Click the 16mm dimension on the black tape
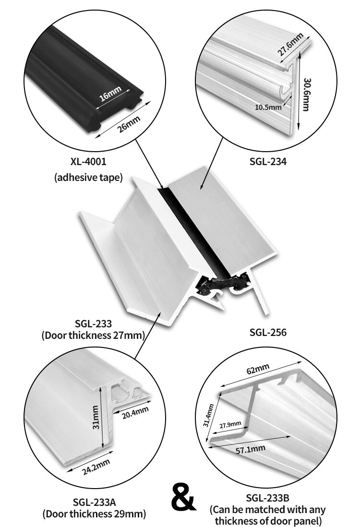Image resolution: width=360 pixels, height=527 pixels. [x=110, y=94]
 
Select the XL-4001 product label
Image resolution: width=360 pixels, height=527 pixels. [x=88, y=162]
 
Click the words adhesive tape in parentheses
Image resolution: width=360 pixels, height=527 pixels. [x=88, y=177]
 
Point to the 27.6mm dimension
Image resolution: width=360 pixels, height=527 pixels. [x=290, y=44]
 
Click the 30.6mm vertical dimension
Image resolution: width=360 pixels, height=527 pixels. [x=307, y=95]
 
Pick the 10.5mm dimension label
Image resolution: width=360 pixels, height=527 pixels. [x=268, y=107]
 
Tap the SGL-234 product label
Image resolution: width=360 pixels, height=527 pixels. [x=268, y=162]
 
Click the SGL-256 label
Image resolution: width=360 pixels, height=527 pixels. [x=268, y=333]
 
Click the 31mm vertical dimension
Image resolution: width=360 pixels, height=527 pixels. [x=96, y=417]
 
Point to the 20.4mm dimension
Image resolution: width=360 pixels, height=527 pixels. [x=135, y=412]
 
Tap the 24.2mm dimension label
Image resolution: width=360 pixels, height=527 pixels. [x=96, y=467]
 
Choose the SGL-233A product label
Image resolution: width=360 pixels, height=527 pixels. [x=95, y=502]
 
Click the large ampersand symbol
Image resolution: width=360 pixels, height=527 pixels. [x=183, y=497]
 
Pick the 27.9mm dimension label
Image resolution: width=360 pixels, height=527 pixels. [x=230, y=425]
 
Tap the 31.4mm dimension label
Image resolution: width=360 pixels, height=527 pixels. [x=208, y=416]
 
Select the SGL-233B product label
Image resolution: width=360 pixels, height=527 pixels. [x=267, y=498]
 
